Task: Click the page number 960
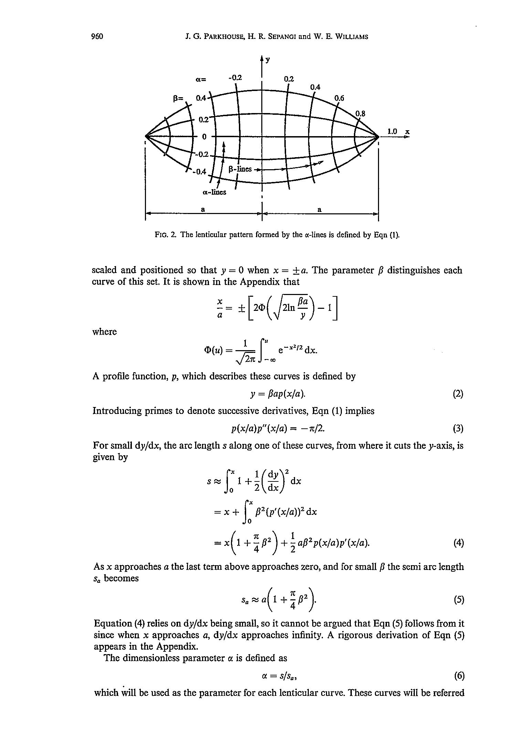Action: click(97, 36)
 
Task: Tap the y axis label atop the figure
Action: click(268, 60)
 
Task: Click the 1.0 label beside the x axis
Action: click(392, 131)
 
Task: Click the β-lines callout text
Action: click(240, 169)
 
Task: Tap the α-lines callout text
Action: click(214, 192)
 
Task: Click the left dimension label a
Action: click(203, 209)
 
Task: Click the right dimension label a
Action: click(319, 209)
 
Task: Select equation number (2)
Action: click(458, 394)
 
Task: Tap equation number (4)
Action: click(458, 543)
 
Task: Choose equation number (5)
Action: click(458, 600)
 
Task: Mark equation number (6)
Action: click(459, 676)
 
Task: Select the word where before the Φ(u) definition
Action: click(105, 332)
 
